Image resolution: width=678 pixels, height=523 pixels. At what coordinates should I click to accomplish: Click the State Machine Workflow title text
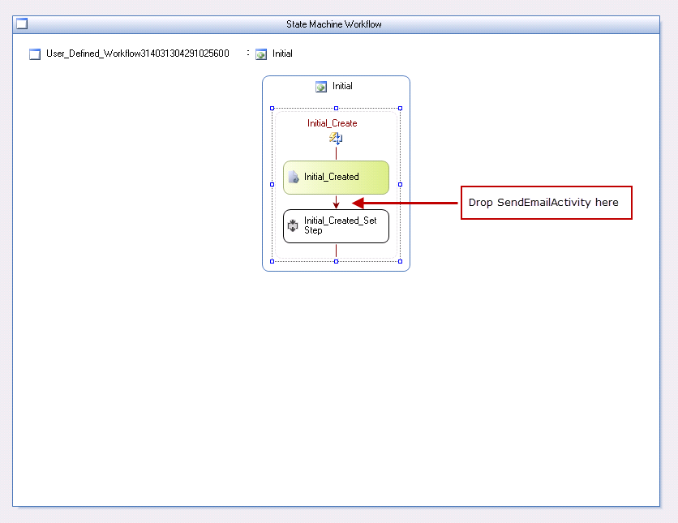coord(334,24)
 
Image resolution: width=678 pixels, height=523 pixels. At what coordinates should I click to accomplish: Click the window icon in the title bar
coord(22,24)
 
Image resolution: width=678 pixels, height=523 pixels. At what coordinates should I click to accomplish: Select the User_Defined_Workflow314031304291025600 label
coord(138,54)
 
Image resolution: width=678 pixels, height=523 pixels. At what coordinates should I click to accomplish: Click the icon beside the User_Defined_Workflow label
coord(35,54)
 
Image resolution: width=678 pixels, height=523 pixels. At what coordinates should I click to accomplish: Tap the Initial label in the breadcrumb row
coord(282,54)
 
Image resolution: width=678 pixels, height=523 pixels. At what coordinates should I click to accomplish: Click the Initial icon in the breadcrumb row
coord(261,54)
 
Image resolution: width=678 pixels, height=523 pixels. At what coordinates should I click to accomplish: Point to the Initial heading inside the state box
coord(342,86)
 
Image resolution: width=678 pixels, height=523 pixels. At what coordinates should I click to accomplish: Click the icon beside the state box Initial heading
coord(321,87)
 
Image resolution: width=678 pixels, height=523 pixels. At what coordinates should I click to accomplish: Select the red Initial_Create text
coord(332,123)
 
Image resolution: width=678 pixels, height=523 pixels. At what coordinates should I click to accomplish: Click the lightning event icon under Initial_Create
coord(336,139)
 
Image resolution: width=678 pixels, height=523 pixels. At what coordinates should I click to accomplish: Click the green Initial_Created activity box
coord(336,178)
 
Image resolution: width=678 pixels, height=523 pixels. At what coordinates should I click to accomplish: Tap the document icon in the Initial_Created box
coord(293,177)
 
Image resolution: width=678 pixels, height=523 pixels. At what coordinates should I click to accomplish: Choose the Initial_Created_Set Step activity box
coord(336,226)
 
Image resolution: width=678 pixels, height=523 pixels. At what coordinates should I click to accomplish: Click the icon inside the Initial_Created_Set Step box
coord(293,225)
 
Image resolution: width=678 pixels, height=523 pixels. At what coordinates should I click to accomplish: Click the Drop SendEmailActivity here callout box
coord(546,203)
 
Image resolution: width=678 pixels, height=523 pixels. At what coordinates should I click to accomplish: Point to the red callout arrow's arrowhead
coord(353,203)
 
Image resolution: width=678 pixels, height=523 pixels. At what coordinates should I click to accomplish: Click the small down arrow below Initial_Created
coord(336,202)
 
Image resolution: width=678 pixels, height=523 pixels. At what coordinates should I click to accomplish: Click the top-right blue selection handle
coord(400,108)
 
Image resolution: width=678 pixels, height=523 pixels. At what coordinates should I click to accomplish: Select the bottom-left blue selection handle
coord(272,261)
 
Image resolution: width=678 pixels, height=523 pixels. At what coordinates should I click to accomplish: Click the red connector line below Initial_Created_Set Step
coord(336,251)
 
